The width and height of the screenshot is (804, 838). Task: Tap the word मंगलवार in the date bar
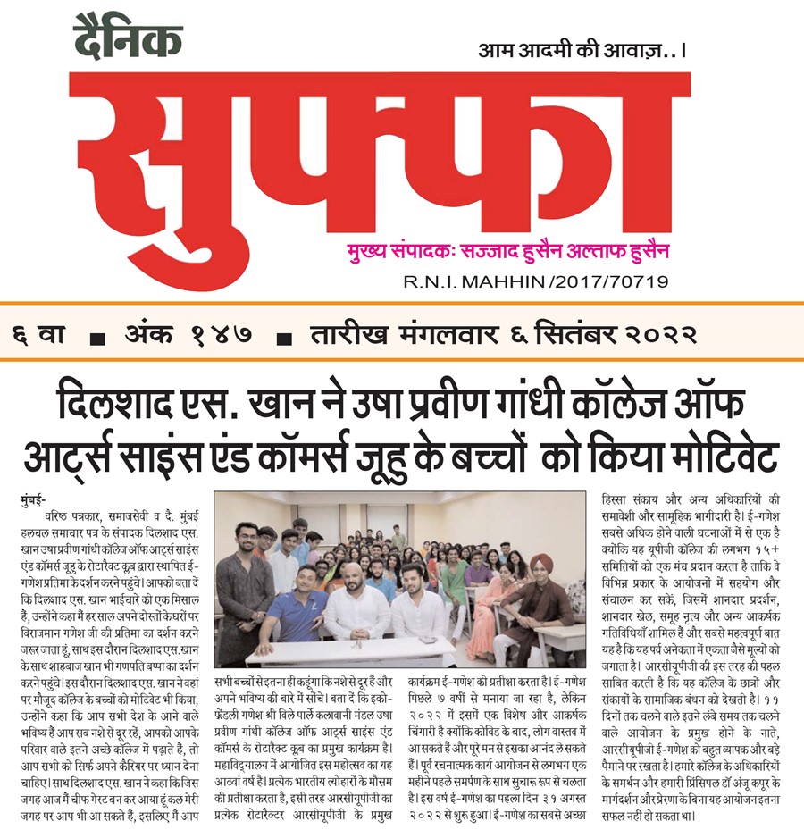(x=444, y=336)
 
